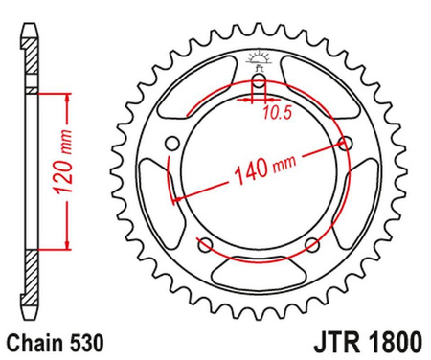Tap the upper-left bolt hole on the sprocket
172,144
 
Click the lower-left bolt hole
204,244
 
